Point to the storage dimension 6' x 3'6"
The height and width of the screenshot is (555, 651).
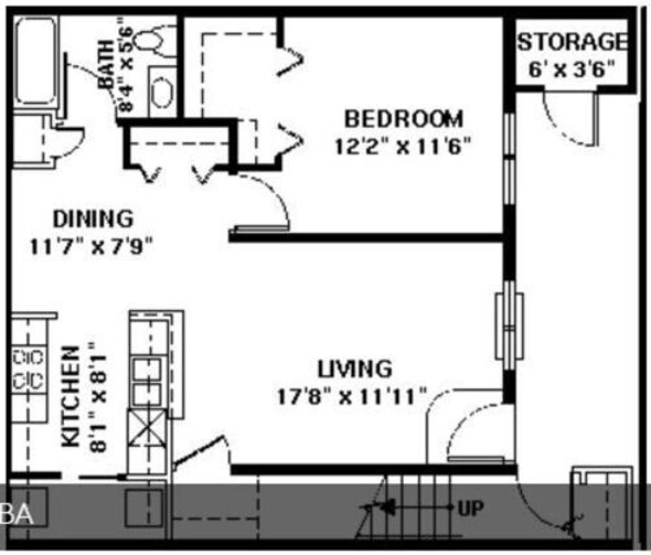571,69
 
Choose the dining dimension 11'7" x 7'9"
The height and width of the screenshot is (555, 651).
91,246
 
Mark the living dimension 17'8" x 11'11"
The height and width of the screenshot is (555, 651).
352,397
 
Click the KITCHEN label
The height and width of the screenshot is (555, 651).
70,396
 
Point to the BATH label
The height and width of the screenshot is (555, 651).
106,65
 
